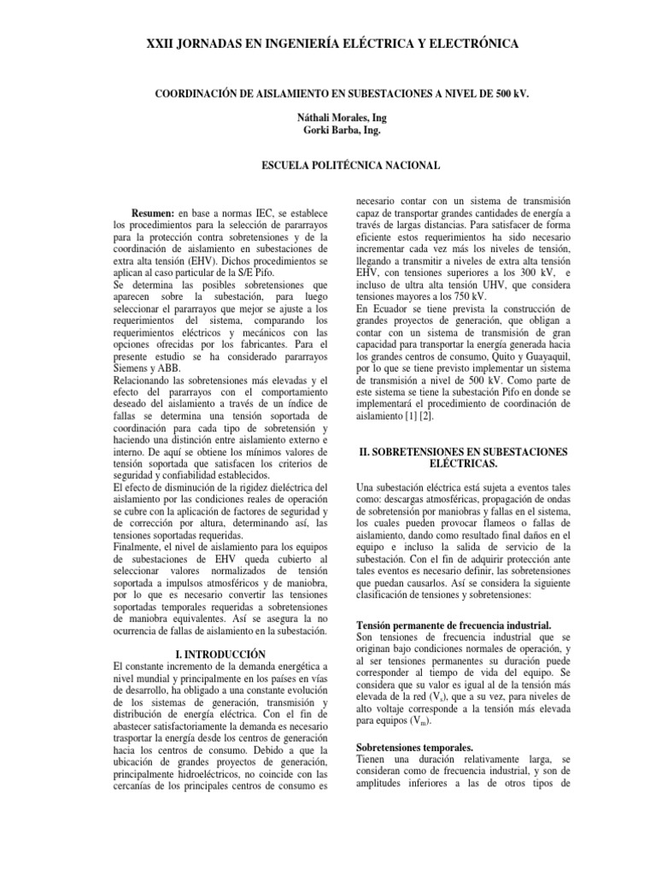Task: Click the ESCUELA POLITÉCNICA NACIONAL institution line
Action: click(x=328, y=164)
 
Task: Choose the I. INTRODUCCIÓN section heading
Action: click(x=220, y=654)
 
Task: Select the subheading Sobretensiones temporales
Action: click(x=414, y=746)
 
